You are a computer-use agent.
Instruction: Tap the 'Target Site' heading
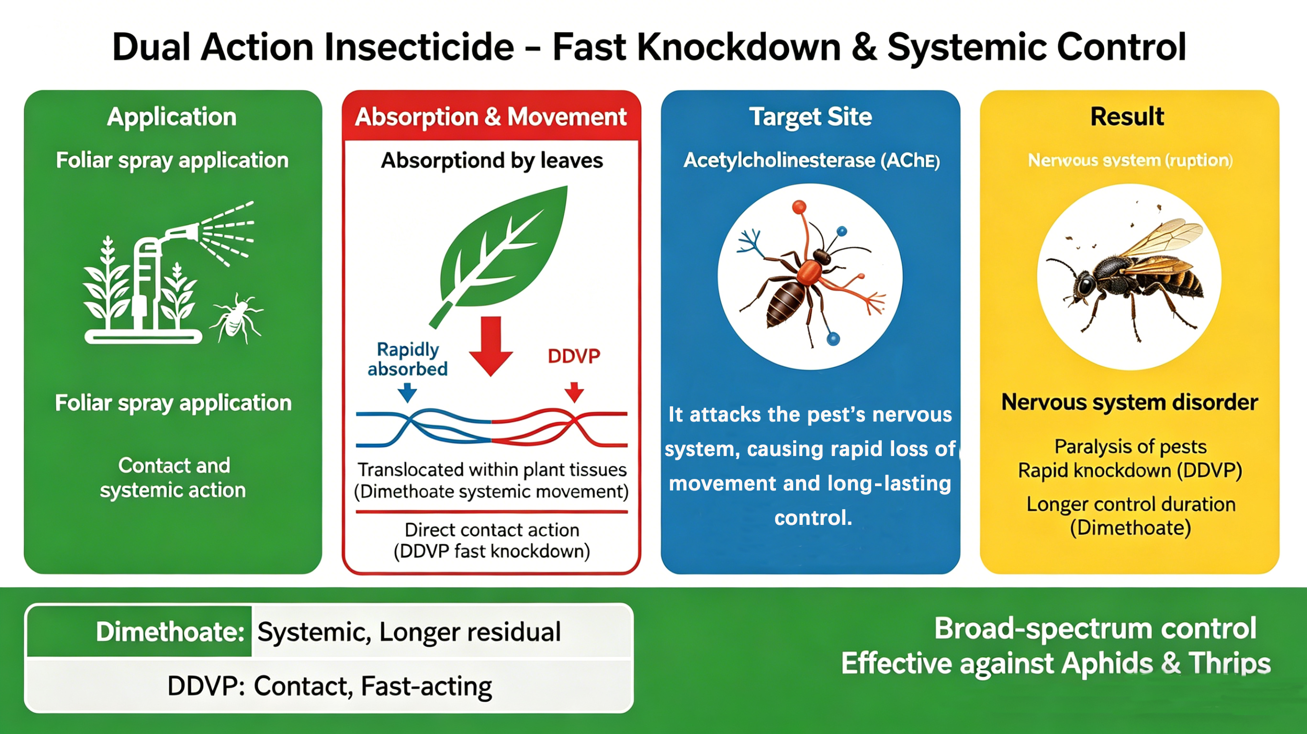(x=810, y=117)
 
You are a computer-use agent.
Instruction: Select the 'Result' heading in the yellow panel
(x=1127, y=117)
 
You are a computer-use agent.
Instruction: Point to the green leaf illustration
(x=502, y=249)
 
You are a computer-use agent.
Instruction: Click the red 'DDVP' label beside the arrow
(x=574, y=356)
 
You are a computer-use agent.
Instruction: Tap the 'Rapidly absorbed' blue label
(x=408, y=359)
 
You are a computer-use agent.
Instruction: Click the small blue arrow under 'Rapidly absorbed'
(x=407, y=392)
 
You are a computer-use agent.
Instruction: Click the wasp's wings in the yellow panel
(x=1162, y=244)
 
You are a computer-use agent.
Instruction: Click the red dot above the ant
(x=799, y=207)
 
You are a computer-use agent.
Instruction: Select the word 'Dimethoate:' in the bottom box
(x=170, y=632)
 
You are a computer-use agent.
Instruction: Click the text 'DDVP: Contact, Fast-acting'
(x=329, y=686)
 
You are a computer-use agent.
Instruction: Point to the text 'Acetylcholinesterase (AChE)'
(x=811, y=160)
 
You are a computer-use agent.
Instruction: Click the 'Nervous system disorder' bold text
(x=1130, y=402)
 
